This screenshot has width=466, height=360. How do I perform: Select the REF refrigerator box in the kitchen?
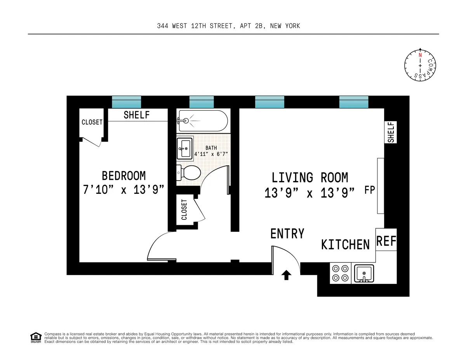click(x=386, y=242)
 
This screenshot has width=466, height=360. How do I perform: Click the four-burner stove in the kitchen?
click(x=340, y=273)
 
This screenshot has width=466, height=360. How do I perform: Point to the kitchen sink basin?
click(x=364, y=273)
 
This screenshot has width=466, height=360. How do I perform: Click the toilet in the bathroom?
click(x=190, y=172)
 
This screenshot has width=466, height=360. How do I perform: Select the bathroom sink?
click(x=184, y=148)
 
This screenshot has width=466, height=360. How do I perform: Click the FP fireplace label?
click(x=369, y=190)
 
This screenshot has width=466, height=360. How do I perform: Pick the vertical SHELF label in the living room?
click(x=391, y=132)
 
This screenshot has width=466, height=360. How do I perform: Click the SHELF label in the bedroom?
click(x=136, y=115)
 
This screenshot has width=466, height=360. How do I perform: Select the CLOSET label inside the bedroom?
click(x=92, y=122)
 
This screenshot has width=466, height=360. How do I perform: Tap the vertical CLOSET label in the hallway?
click(x=184, y=209)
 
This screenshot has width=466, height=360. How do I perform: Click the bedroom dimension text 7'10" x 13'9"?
click(x=123, y=190)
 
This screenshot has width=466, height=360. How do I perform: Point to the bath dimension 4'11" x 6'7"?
click(x=211, y=154)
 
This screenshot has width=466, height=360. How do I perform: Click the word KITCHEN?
click(x=345, y=245)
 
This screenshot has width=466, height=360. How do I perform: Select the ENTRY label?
click(x=287, y=234)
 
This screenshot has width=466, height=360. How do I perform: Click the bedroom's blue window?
click(x=126, y=102)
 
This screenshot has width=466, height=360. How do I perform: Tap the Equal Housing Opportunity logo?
click(x=36, y=337)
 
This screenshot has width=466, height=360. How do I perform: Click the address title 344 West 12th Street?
click(x=228, y=26)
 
